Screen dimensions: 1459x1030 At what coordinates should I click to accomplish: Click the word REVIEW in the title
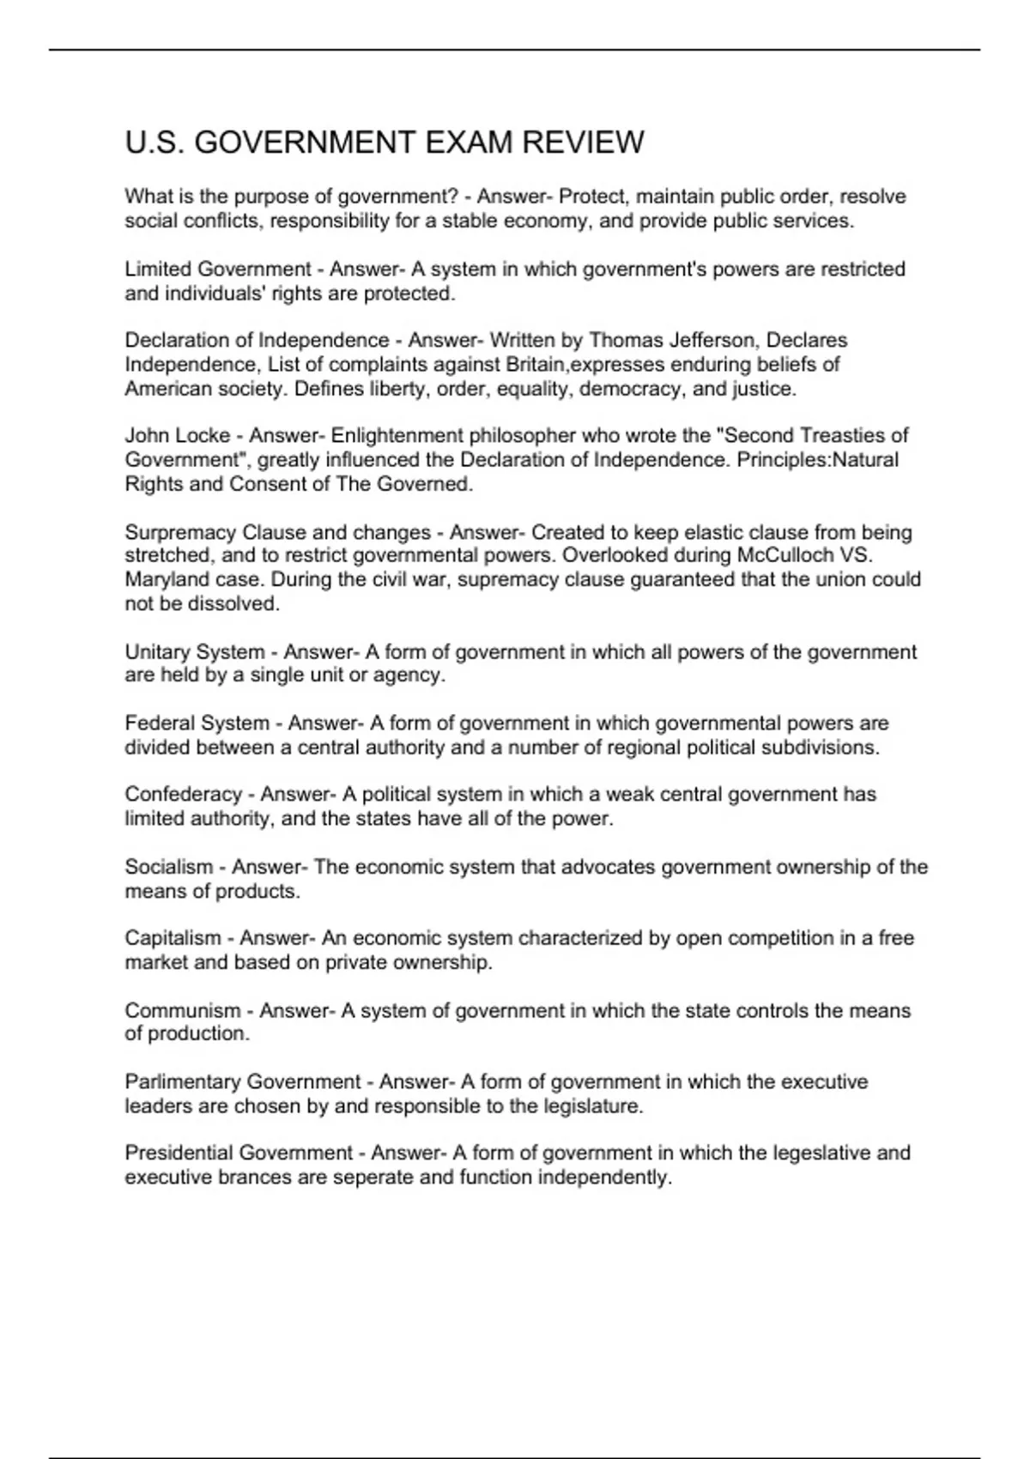click(583, 142)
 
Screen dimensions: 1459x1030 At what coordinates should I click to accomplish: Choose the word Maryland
click(163, 579)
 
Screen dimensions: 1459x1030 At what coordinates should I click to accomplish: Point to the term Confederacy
click(183, 795)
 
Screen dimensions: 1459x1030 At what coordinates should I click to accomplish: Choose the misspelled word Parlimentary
click(182, 1082)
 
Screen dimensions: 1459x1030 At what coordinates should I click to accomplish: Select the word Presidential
click(178, 1153)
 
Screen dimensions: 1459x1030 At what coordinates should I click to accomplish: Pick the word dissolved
click(233, 603)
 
